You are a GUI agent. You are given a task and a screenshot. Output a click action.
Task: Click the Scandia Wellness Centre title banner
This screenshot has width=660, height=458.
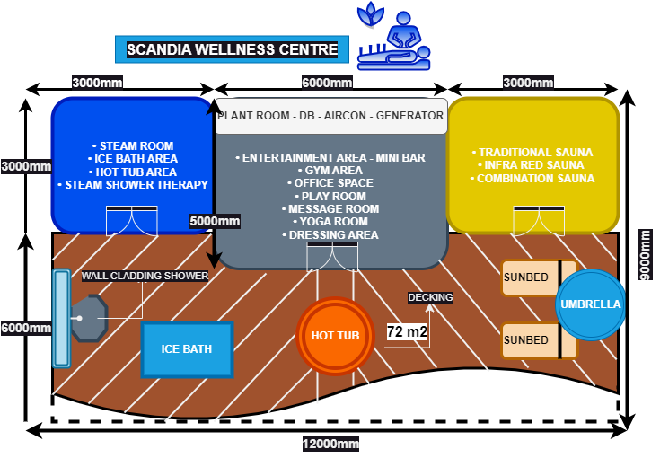click(232, 48)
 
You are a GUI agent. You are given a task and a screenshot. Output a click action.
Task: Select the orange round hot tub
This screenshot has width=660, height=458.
click(335, 336)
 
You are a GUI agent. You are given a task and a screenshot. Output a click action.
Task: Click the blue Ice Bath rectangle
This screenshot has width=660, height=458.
click(187, 348)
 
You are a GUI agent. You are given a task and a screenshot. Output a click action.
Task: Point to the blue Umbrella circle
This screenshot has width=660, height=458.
click(590, 304)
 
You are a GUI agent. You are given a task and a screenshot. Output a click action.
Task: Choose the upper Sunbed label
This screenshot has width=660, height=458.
click(526, 277)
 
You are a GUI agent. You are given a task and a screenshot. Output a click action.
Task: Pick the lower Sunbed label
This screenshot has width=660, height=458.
click(526, 340)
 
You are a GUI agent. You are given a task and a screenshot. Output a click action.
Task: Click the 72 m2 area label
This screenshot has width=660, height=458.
click(407, 332)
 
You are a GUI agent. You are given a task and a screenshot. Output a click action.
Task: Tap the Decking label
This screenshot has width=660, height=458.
click(430, 297)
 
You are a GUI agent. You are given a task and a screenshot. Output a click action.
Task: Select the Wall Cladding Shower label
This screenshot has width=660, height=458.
click(145, 276)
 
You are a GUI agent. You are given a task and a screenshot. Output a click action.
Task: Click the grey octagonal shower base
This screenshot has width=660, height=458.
click(88, 318)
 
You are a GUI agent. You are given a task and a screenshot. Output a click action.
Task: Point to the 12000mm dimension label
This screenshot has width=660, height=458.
click(330, 444)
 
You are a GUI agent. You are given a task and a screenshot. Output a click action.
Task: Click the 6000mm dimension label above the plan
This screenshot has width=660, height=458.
click(327, 84)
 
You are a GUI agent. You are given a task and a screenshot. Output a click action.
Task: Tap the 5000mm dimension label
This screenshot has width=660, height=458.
click(216, 221)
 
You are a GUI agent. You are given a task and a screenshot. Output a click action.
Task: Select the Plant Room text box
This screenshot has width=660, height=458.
click(331, 116)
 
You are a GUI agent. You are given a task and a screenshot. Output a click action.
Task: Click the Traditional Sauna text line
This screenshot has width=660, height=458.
click(532, 153)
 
